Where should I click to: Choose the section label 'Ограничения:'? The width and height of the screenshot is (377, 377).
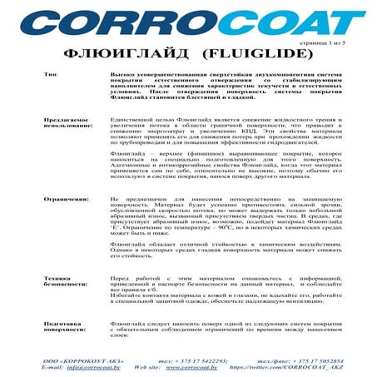(x=67, y=200)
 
